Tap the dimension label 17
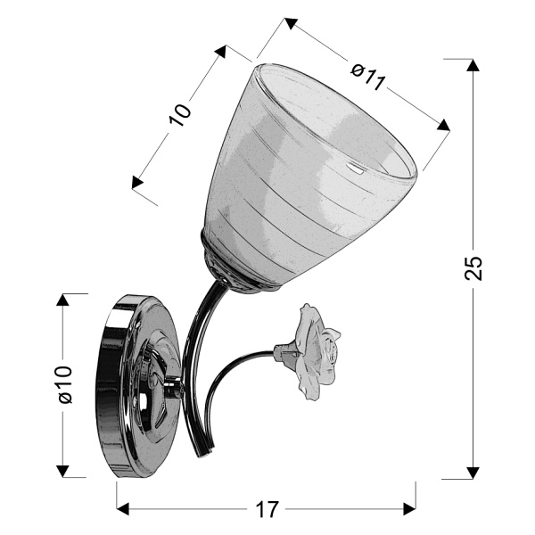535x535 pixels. tap(266, 511)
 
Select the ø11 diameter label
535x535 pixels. tap(367, 78)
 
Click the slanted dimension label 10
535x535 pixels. tap(181, 114)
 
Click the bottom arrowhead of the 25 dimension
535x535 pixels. tap(473, 470)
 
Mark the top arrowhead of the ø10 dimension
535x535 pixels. tap(63, 301)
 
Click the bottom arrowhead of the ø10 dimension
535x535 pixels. tap(63, 469)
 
